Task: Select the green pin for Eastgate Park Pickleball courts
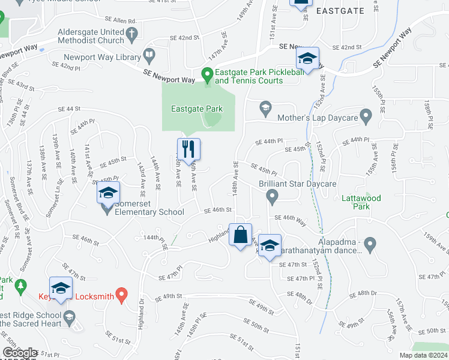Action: (208, 76)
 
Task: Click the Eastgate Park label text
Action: (197, 109)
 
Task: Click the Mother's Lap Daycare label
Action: (318, 118)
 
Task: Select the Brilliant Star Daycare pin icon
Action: (272, 196)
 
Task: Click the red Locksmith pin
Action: (121, 295)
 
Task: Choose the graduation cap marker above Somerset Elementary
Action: (108, 193)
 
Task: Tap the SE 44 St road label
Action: (69, 109)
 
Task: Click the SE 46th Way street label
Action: (291, 218)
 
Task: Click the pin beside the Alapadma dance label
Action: (370, 244)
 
